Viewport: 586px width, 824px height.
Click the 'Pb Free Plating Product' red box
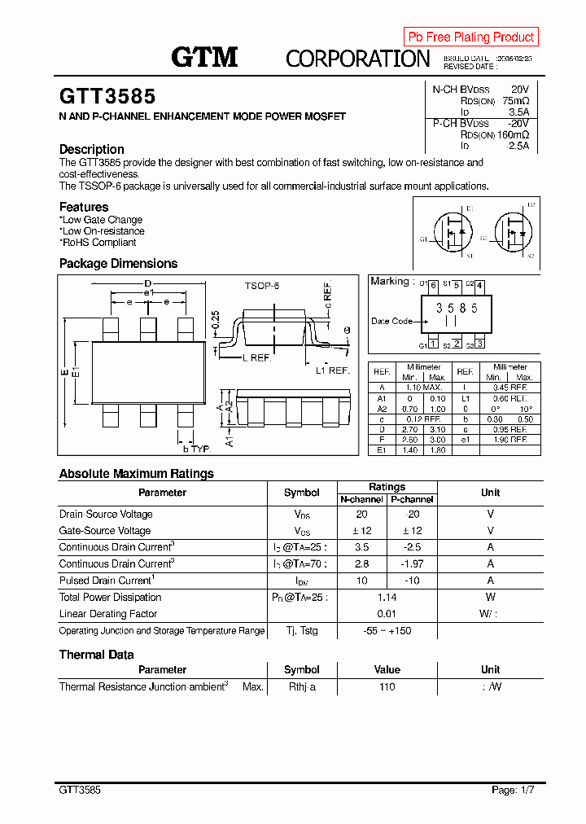[470, 37]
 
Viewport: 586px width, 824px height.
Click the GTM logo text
[204, 57]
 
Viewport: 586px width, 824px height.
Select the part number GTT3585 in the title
[107, 96]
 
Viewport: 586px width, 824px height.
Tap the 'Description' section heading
[92, 149]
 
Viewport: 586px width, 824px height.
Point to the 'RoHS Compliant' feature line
[98, 243]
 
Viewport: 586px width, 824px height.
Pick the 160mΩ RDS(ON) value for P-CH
[513, 134]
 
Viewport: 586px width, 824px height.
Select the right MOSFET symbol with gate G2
[511, 232]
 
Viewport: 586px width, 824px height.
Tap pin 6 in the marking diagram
[433, 286]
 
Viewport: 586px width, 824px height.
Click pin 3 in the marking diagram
[480, 344]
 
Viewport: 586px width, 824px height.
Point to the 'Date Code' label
[391, 321]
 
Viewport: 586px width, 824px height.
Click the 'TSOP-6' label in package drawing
[262, 287]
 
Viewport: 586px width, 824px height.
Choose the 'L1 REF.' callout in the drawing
[332, 370]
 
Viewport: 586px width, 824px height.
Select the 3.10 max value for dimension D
[437, 428]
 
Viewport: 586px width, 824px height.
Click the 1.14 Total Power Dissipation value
[387, 598]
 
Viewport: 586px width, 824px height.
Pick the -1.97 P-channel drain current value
[413, 564]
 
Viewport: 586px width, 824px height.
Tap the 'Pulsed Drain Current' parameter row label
[107, 581]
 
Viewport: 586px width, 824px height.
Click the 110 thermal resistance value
[387, 687]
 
